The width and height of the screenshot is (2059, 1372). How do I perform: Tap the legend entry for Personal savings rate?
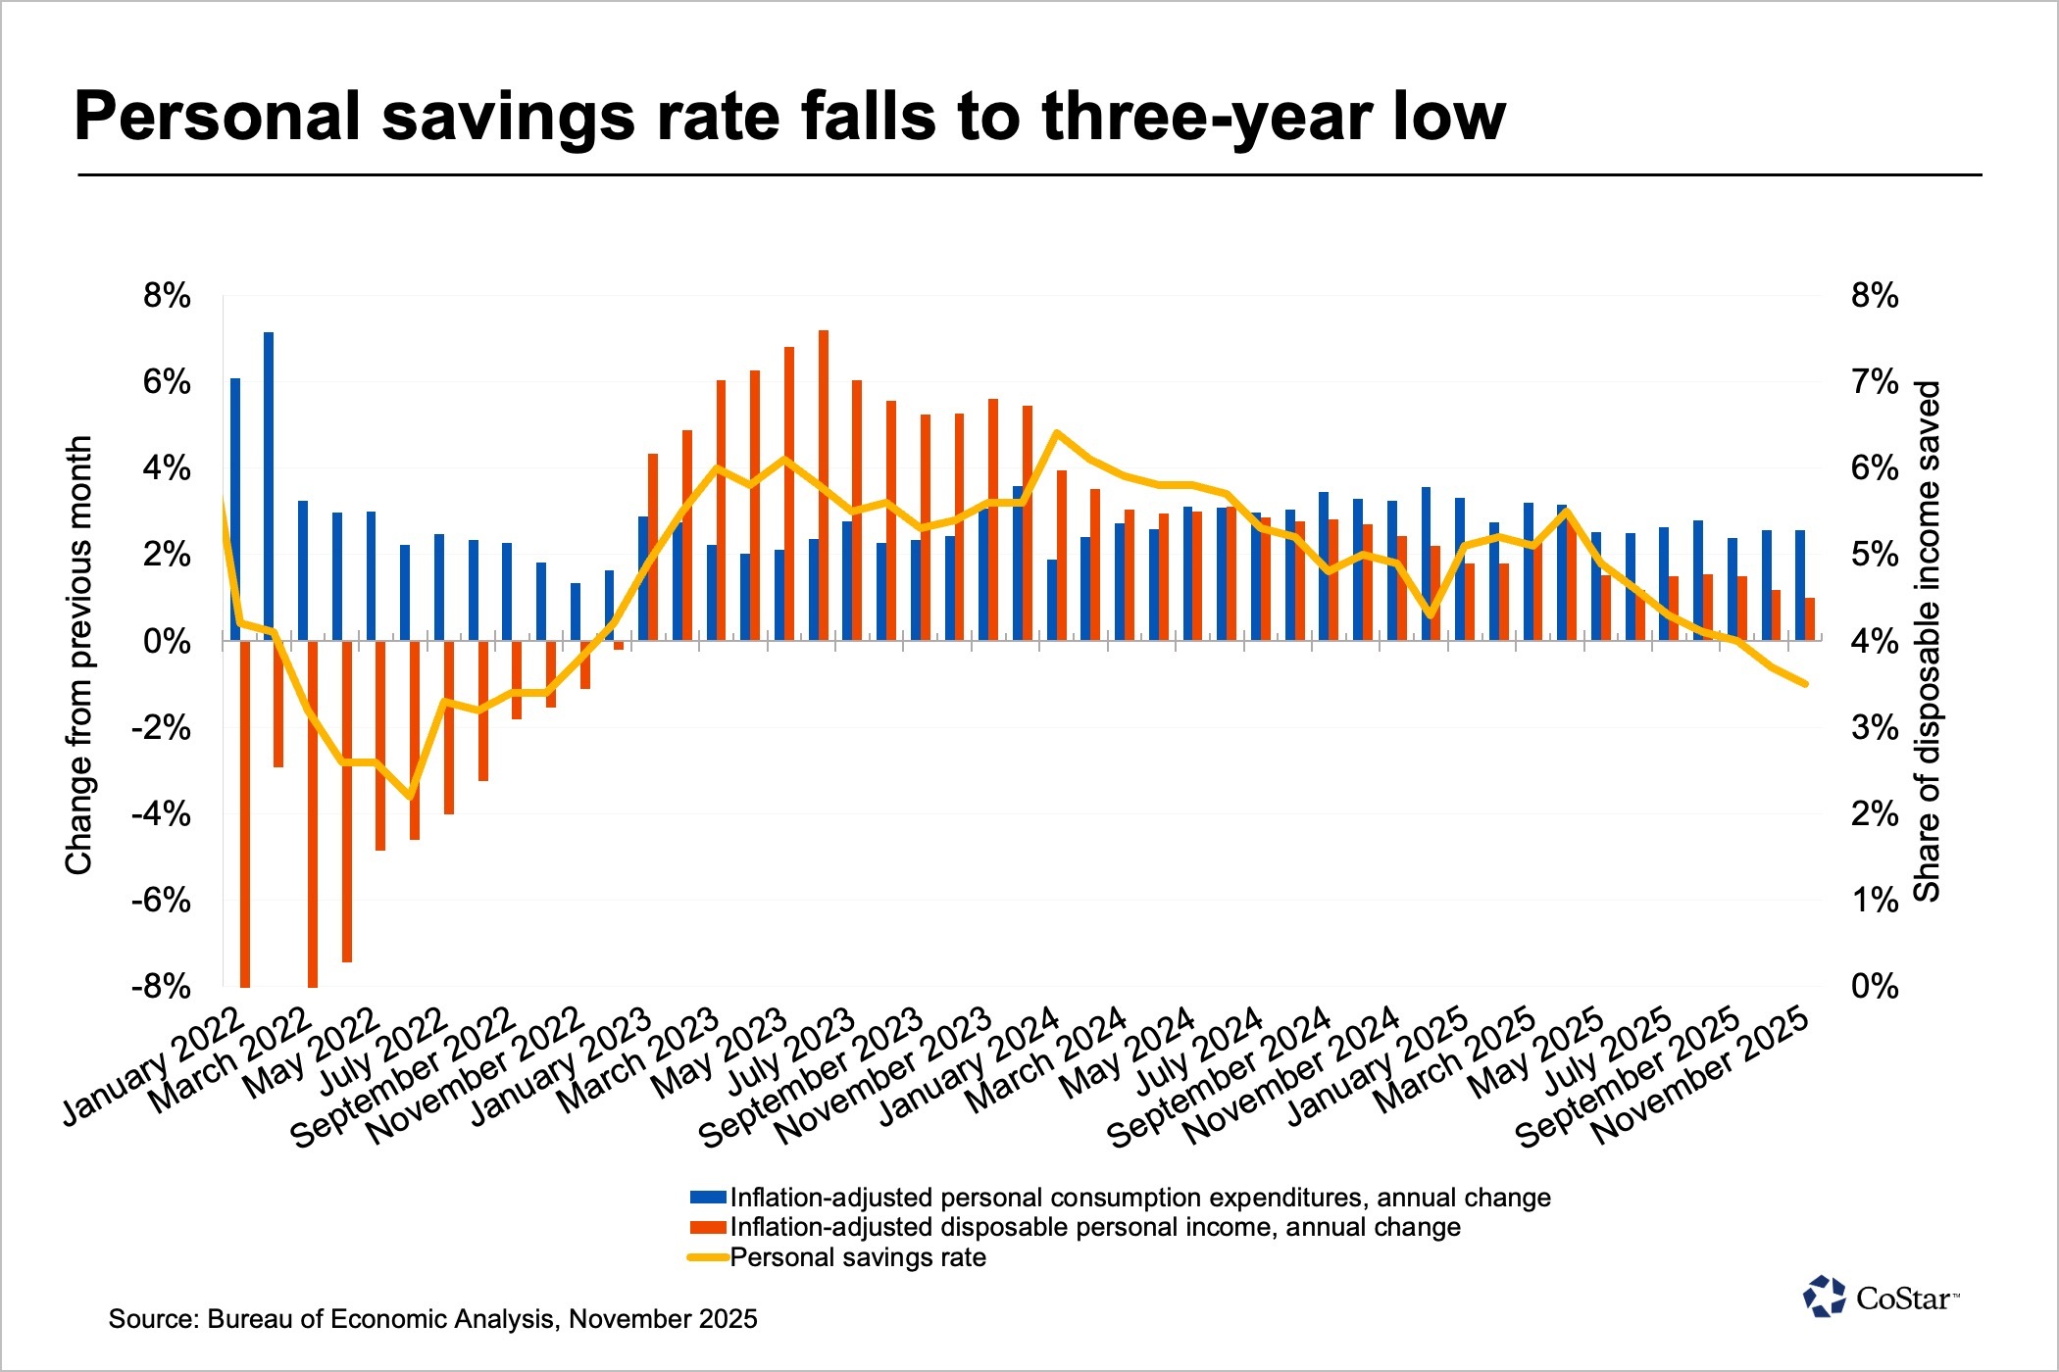[858, 1257]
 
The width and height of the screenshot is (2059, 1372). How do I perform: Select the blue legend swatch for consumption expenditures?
[708, 1198]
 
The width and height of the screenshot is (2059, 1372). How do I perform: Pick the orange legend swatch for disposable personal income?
[708, 1227]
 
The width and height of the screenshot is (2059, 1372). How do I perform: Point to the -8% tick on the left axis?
[161, 986]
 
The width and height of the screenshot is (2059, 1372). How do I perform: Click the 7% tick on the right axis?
[1874, 382]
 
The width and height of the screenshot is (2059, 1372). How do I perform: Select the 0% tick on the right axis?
[1874, 986]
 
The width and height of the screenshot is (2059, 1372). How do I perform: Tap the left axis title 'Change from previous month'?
[78, 655]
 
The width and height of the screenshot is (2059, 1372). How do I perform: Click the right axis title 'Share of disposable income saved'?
[1928, 641]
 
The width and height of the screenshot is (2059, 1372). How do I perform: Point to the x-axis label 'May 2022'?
[312, 1053]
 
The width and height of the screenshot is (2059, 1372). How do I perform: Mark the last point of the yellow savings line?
[1805, 684]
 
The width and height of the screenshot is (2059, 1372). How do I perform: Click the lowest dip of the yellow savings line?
[412, 796]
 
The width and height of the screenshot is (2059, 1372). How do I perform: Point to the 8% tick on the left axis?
[167, 296]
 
